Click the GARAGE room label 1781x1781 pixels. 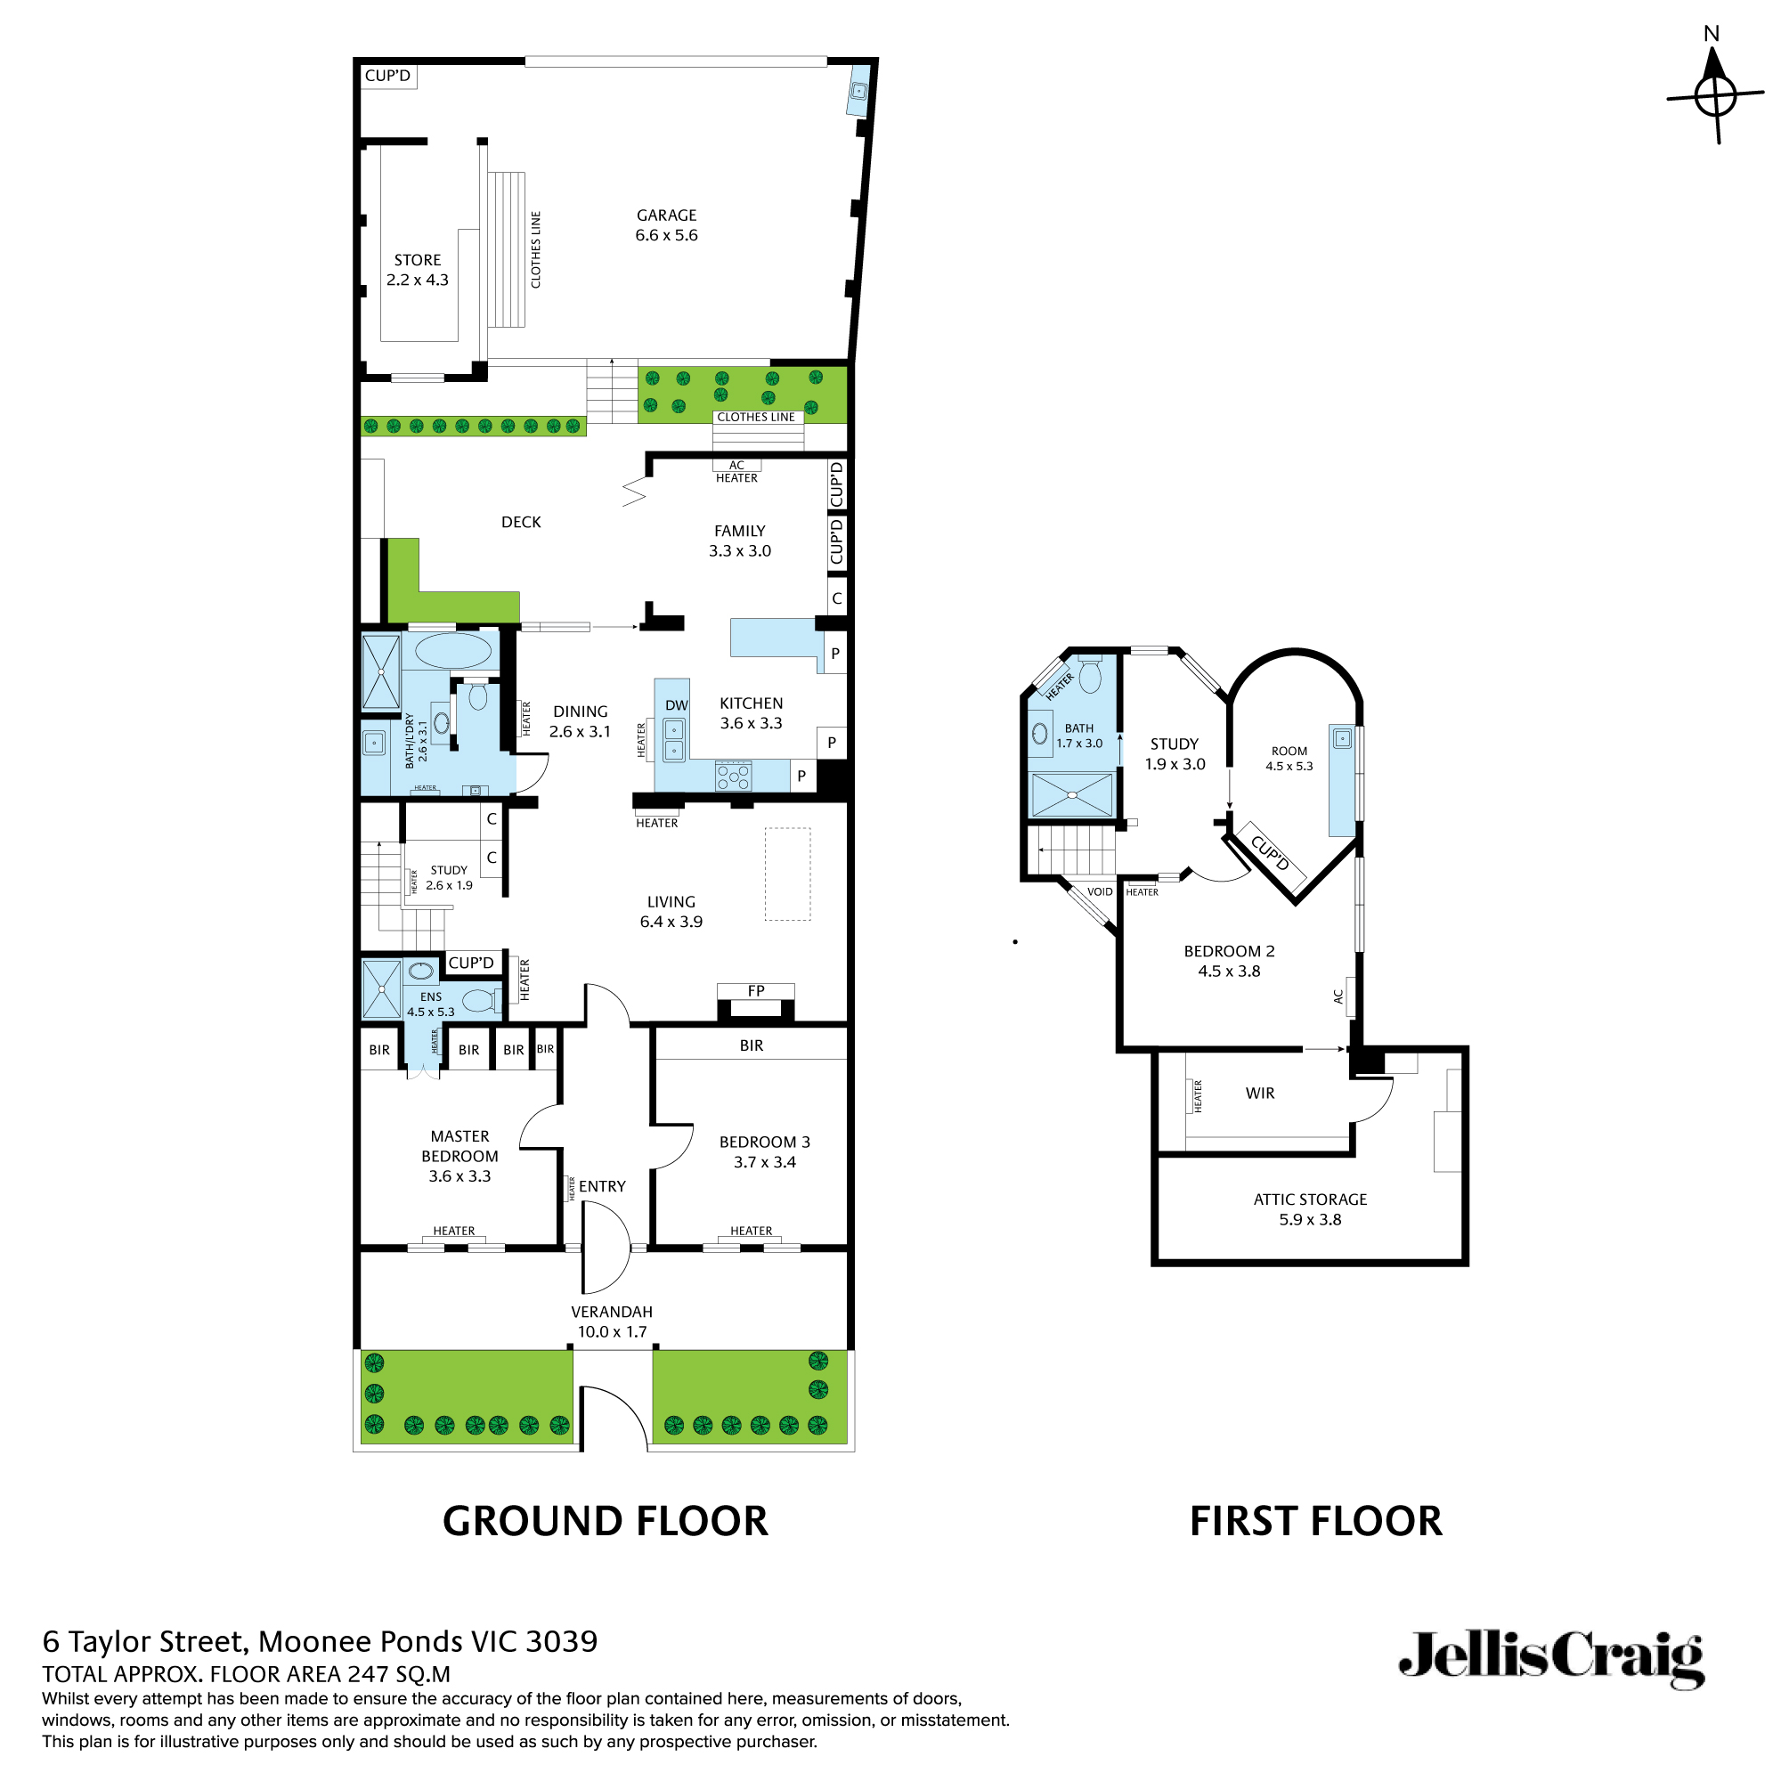pos(665,215)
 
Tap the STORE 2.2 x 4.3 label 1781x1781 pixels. pos(417,270)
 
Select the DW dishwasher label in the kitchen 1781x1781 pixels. pos(676,705)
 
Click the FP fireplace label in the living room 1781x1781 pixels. pos(756,991)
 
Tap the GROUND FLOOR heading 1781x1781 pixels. pos(605,1521)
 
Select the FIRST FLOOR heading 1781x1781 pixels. pos(1315,1521)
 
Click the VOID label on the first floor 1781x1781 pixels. pos(1100,891)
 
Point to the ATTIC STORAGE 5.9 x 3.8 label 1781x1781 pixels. pos(1310,1209)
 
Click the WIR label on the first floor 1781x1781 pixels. pos(1259,1094)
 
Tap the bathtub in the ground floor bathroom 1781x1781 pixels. pos(452,651)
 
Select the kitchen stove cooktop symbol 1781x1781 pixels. pos(734,777)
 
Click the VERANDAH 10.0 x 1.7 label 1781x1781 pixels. pos(611,1321)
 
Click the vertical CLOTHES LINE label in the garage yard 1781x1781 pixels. pos(535,250)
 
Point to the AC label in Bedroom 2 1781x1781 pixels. pos(1338,996)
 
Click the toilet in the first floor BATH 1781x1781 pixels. pos(1090,675)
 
